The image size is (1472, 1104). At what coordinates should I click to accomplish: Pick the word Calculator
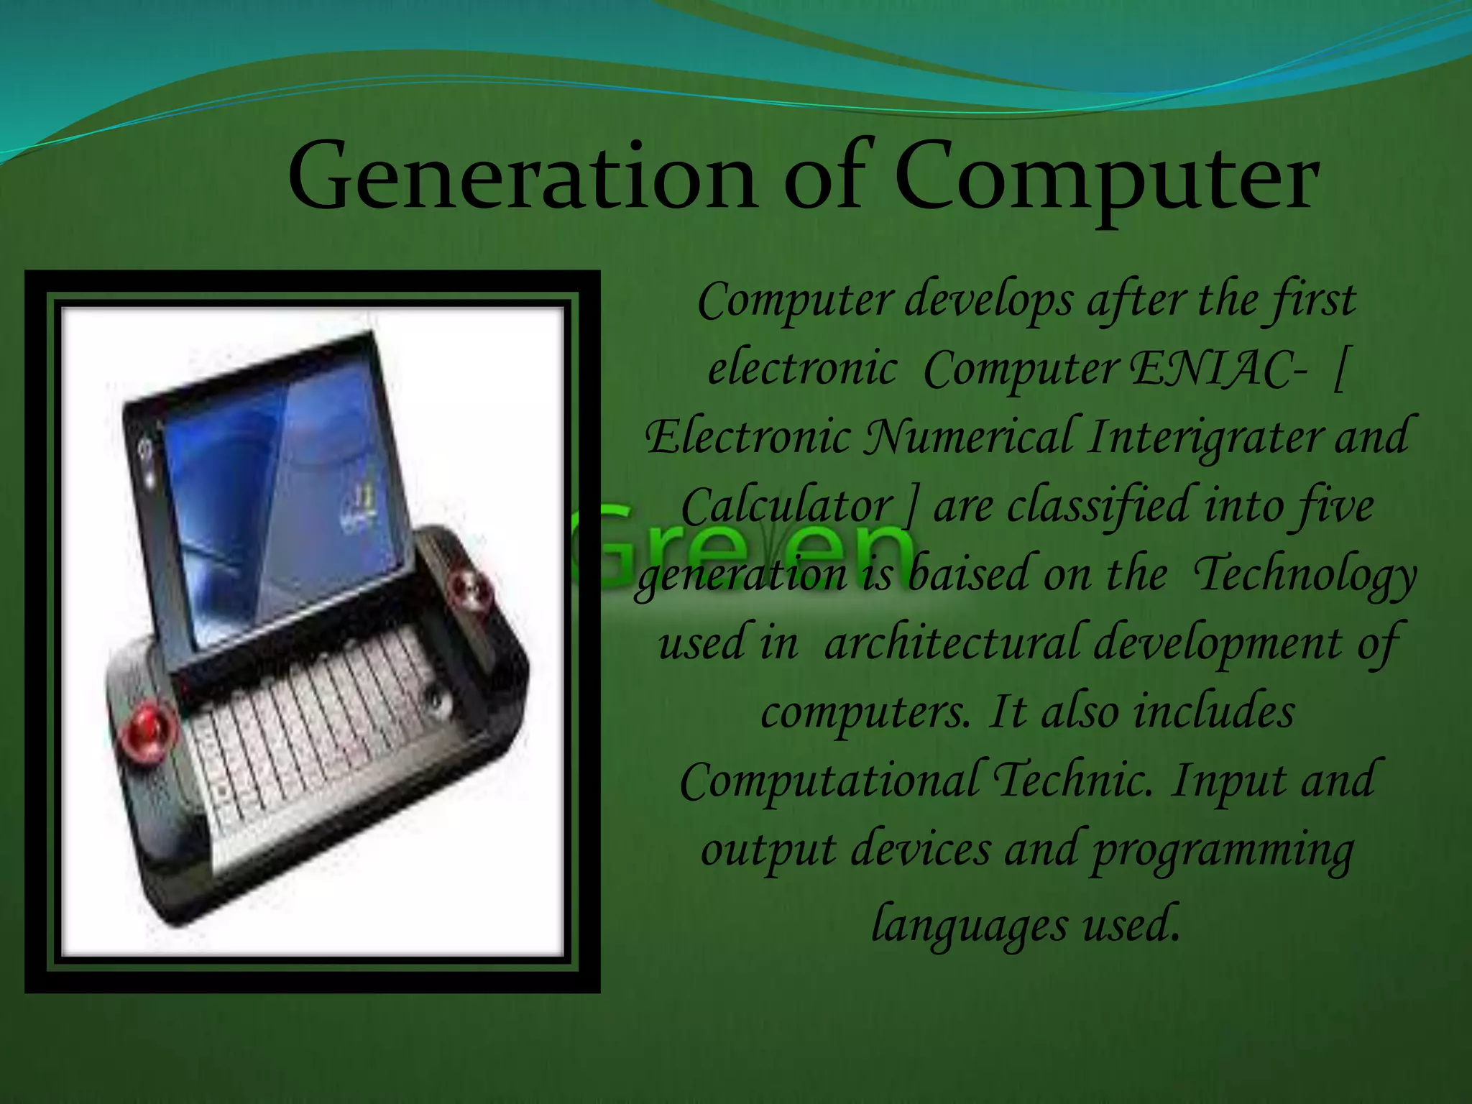coord(786,506)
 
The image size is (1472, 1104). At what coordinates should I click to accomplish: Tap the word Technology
coord(1305,575)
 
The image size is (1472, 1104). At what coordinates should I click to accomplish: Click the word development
coord(1218,643)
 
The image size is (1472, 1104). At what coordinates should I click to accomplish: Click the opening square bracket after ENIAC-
coord(1338,371)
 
